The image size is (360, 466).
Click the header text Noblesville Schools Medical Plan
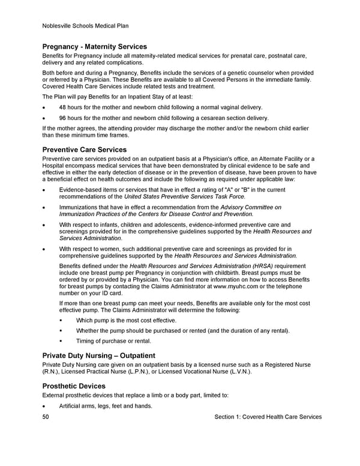tap(86, 26)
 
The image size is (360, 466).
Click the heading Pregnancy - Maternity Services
tap(95, 47)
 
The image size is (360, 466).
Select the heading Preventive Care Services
tap(85, 150)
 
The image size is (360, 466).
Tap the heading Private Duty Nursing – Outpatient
tap(99, 356)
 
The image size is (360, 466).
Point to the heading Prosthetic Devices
tap(74, 386)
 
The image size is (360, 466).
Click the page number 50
tap(47, 417)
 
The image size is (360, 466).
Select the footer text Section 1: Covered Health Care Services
tap(268, 417)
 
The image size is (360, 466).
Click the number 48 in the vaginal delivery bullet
tap(63, 107)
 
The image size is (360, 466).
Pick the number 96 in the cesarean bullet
tap(63, 118)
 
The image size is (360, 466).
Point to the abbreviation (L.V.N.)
tap(236, 372)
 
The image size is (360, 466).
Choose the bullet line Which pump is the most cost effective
tap(126, 321)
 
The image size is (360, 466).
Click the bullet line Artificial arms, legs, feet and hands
tap(106, 407)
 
